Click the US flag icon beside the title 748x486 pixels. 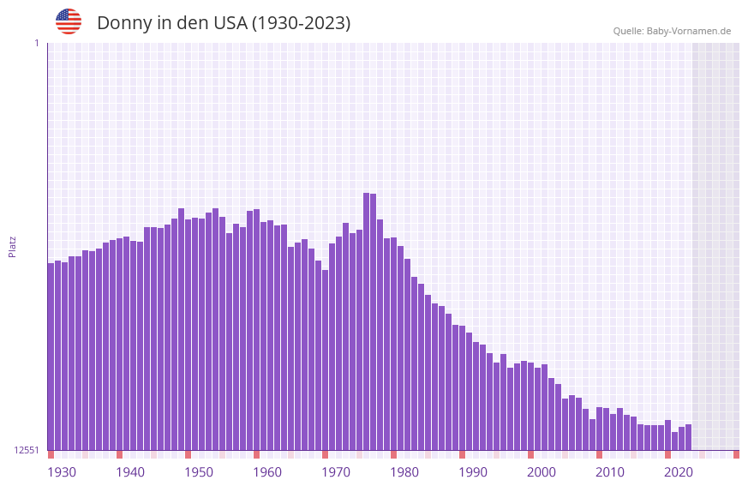tap(69, 21)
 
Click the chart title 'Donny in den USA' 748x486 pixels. tap(224, 23)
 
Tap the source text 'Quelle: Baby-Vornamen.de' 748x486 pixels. tap(672, 31)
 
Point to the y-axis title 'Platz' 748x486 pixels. tap(12, 246)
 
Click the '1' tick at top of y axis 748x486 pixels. tap(36, 43)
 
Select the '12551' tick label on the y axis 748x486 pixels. tap(26, 450)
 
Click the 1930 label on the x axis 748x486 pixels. tap(62, 472)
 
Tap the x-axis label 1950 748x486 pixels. tap(199, 472)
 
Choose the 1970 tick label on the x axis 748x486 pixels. tap(336, 472)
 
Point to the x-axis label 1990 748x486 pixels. tap(473, 472)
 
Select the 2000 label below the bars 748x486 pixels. tap(542, 472)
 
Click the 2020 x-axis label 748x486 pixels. tap(679, 472)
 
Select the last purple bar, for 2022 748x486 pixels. tap(688, 437)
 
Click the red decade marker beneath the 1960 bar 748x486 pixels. tap(256, 454)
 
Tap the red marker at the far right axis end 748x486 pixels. tap(736, 454)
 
